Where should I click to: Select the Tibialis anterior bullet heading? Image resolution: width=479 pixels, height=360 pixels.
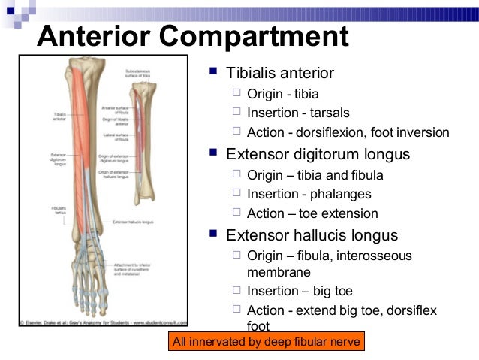coord(280,73)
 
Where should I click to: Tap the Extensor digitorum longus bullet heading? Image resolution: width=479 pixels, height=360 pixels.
coord(318,154)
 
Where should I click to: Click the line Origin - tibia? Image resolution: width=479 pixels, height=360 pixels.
coord(282,94)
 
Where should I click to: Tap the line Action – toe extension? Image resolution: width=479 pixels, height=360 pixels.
coord(312,214)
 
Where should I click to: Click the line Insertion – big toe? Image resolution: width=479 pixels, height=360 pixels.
coord(299,291)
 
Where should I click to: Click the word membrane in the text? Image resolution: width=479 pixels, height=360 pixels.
coord(278,271)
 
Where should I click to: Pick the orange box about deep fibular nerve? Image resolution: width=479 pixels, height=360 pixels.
coord(267,343)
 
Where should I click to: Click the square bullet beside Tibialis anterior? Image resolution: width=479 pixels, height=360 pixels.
coord(212,73)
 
